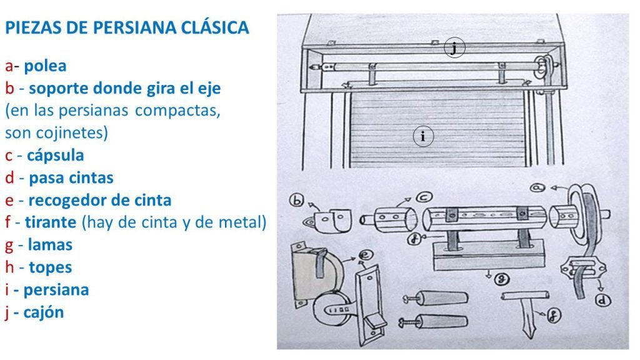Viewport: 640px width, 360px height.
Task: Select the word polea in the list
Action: pos(45,66)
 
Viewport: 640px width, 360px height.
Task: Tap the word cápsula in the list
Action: pos(56,156)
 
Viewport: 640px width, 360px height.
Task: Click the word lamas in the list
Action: pos(50,245)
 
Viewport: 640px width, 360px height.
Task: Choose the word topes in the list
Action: pos(51,267)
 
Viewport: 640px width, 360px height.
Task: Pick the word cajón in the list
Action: pos(44,312)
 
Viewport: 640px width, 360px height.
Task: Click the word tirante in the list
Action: pos(51,222)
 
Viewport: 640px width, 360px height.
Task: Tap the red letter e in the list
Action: pos(9,201)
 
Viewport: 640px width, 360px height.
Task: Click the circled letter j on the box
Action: pos(454,47)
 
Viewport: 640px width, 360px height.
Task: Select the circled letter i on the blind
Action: pos(423,136)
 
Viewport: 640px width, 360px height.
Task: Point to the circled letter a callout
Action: pos(537,187)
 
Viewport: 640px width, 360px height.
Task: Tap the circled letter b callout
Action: pos(296,200)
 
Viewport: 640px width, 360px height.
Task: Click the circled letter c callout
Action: pos(424,197)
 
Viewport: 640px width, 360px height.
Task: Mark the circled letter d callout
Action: pos(602,301)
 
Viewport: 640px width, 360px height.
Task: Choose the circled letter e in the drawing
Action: pos(365,256)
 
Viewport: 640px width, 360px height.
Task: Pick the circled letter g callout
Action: pos(501,279)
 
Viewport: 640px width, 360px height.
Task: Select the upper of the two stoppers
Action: pos(435,298)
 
